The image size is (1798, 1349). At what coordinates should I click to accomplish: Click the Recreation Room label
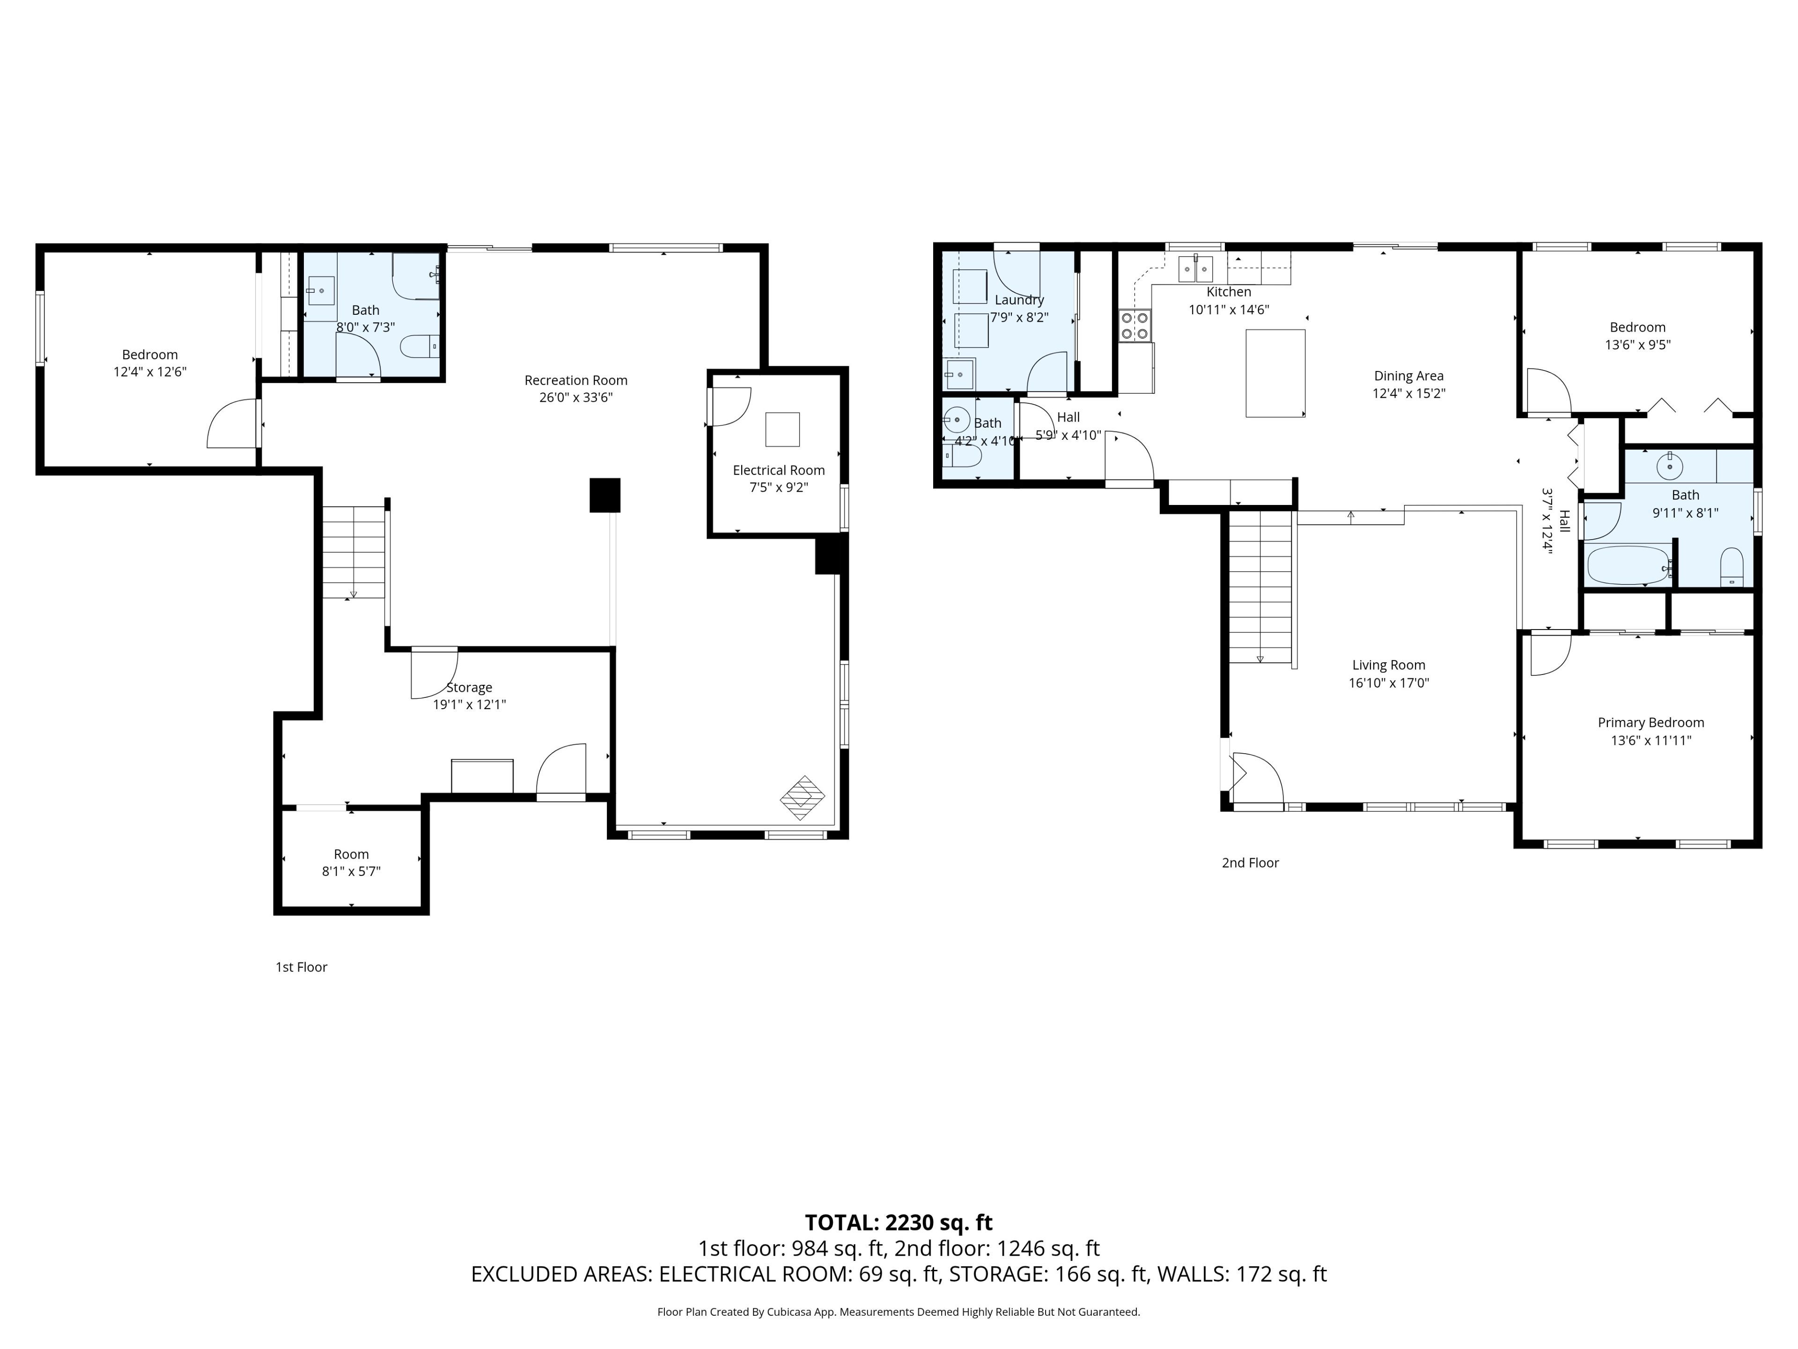tap(575, 380)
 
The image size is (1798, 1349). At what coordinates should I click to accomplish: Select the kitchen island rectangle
tap(1275, 373)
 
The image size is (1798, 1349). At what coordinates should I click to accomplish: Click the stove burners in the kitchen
tap(1135, 325)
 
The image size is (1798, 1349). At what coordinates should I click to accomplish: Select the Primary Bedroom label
tap(1651, 722)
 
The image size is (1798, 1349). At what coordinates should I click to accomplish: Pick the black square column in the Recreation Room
tap(605, 495)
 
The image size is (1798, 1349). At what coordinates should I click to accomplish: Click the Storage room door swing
tap(433, 673)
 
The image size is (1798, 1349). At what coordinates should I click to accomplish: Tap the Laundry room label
tap(1019, 300)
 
